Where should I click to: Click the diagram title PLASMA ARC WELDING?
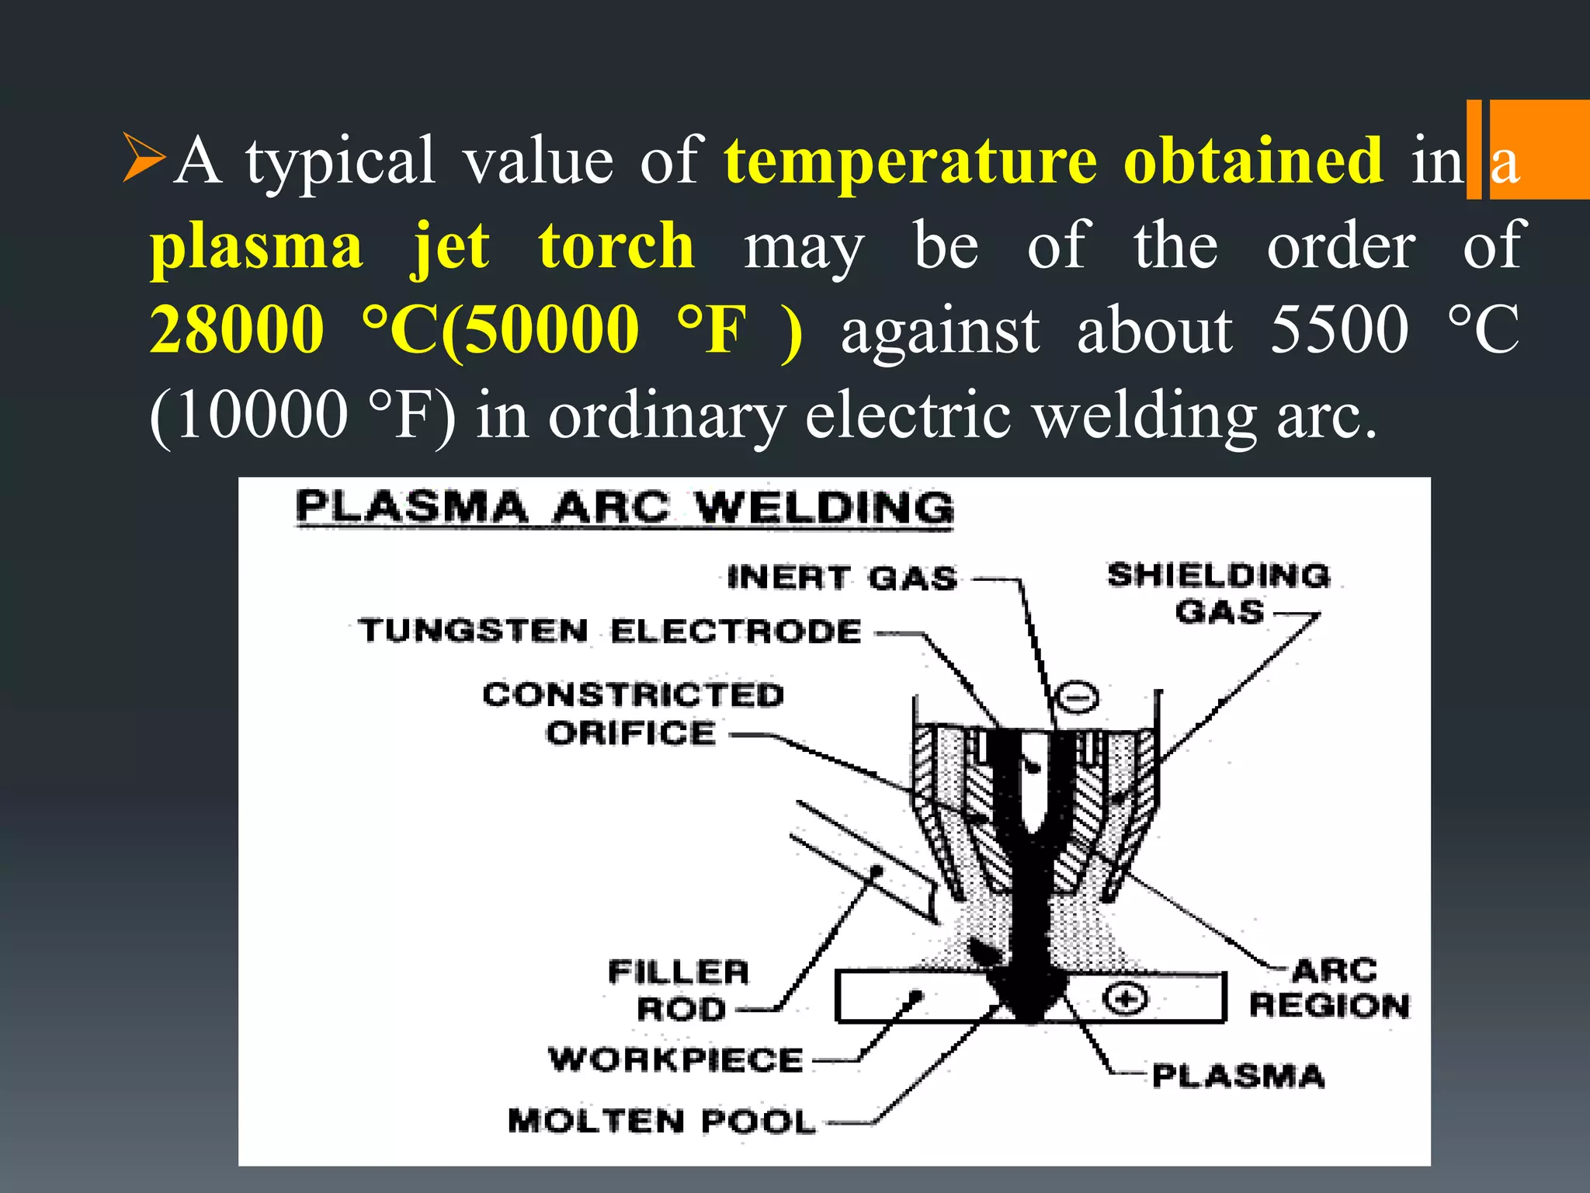click(x=624, y=508)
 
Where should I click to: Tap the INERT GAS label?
click(x=842, y=579)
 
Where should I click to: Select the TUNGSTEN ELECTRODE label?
click(x=610, y=631)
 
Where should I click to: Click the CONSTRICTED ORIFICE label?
click(x=633, y=714)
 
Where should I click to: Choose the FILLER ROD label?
click(x=679, y=990)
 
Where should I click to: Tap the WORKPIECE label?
click(x=675, y=1059)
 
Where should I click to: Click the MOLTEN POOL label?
click(x=661, y=1121)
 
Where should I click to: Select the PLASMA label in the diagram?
click(x=1238, y=1076)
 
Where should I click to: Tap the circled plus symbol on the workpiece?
click(x=1125, y=999)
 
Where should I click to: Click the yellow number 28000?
click(x=238, y=329)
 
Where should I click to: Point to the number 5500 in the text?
click(x=1339, y=329)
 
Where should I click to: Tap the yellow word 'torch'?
click(x=616, y=245)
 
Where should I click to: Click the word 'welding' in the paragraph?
click(x=1145, y=415)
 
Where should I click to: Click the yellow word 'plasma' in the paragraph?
click(x=256, y=245)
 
